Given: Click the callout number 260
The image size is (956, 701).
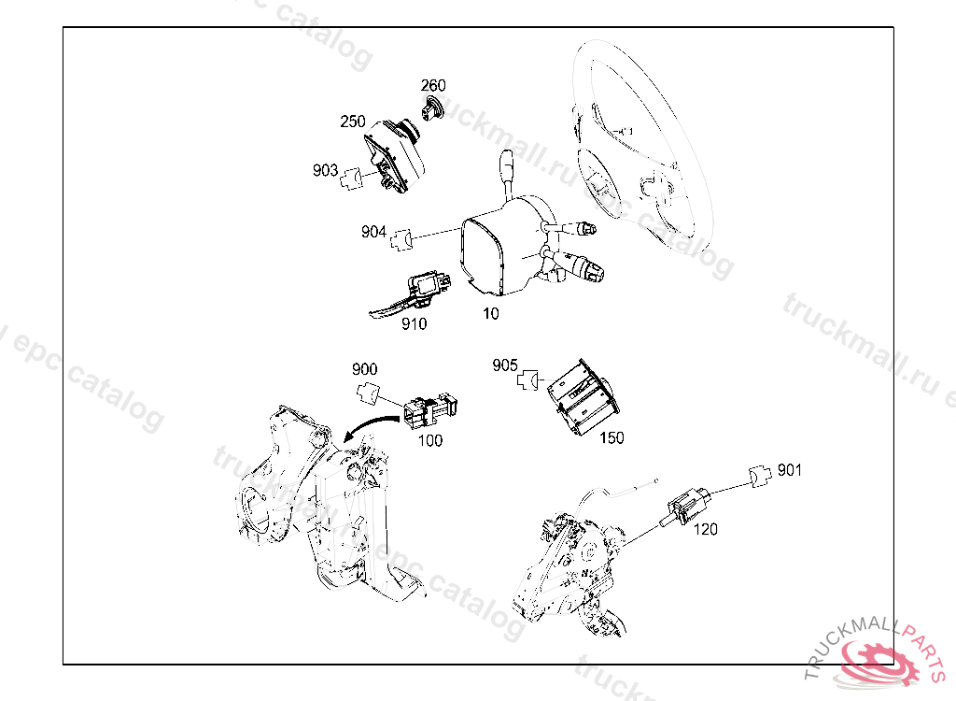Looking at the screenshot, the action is click(x=433, y=85).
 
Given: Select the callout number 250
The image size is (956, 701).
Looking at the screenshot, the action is click(x=352, y=122).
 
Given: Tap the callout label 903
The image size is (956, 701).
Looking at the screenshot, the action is click(x=325, y=170).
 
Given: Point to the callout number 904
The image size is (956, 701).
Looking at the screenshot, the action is click(x=373, y=232).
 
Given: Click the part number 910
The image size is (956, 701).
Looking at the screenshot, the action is click(x=414, y=323).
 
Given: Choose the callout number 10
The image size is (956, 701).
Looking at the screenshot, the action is click(x=491, y=314).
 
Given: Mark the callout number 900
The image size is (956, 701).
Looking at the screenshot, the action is click(x=365, y=369).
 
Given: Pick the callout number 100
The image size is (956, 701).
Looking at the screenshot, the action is click(x=429, y=440).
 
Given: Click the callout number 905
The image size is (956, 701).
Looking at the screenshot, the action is click(x=505, y=365).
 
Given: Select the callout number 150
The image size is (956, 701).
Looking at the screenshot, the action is click(x=612, y=437).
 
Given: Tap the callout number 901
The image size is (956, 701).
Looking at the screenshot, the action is click(x=790, y=470).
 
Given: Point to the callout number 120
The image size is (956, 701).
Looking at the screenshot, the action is click(x=706, y=529).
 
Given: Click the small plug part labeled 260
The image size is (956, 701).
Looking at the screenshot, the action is click(x=432, y=108).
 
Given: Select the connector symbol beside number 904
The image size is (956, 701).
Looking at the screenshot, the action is click(x=401, y=239).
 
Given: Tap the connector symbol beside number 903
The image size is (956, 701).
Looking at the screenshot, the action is click(x=351, y=179).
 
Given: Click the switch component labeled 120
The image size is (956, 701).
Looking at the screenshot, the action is click(x=686, y=506).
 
